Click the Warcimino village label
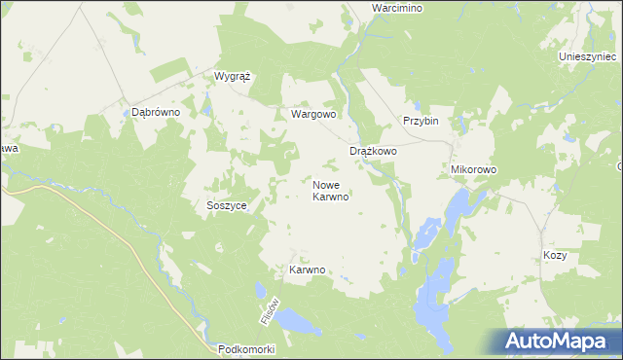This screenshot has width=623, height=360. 396,8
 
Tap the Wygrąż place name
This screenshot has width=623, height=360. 234,75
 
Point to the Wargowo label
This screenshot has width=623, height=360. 313,114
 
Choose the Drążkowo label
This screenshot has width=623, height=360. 373,152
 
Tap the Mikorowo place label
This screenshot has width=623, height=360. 474,169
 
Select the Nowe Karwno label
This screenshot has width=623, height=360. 331,190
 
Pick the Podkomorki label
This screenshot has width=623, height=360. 248,348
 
